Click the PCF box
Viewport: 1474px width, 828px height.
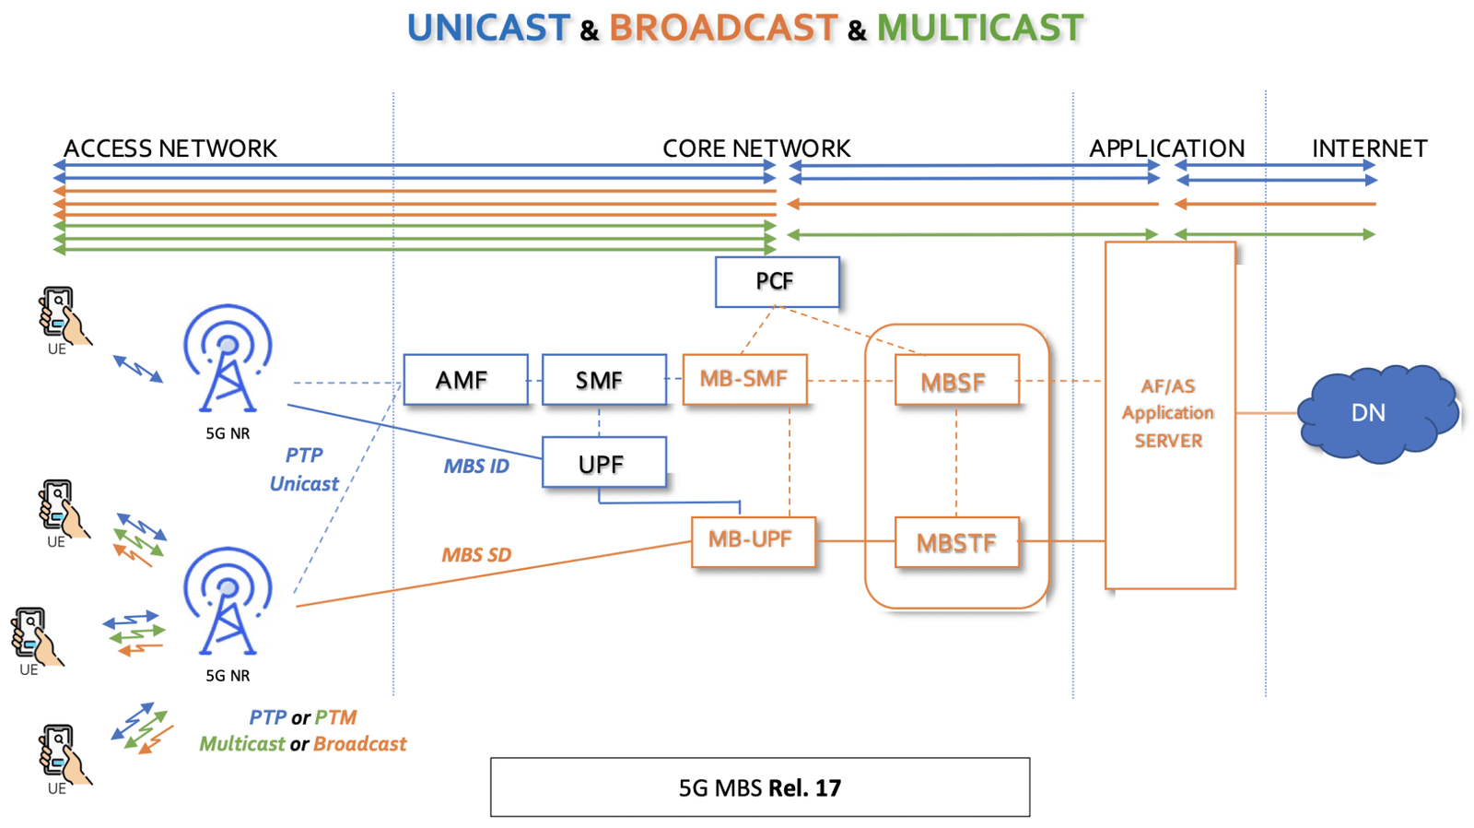tap(777, 281)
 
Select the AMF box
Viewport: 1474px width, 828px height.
tap(465, 380)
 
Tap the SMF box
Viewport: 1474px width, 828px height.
tap(603, 380)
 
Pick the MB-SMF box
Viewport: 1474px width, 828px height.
tap(744, 379)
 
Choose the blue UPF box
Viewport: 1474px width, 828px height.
tap(603, 463)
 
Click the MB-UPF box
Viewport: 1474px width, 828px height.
tap(753, 541)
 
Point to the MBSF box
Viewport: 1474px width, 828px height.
tap(956, 380)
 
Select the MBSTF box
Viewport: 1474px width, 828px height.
tap(956, 542)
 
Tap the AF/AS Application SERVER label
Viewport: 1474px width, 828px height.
tap(1168, 413)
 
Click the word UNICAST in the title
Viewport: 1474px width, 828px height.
tap(488, 28)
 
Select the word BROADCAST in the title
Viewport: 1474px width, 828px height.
tap(723, 28)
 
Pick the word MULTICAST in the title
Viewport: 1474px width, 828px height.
tap(979, 28)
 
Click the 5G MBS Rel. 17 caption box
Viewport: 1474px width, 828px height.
tap(759, 787)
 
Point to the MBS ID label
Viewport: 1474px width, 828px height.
tap(476, 467)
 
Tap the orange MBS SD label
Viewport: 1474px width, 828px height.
tap(476, 555)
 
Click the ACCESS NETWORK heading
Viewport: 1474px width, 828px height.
tap(170, 148)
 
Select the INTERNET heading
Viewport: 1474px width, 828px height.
tap(1369, 148)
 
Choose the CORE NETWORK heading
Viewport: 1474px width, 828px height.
tap(756, 148)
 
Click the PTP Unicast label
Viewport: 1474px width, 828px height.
tap(304, 469)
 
